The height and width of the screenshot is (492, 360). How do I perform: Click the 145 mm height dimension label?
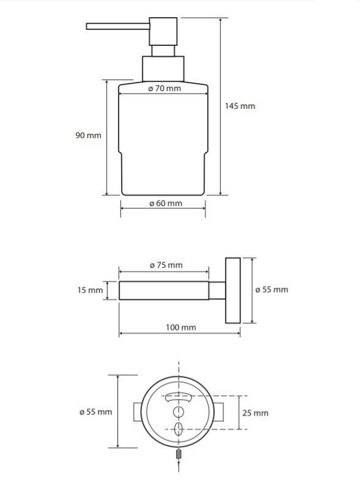click(240, 106)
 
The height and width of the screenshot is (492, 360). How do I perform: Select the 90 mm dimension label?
click(88, 136)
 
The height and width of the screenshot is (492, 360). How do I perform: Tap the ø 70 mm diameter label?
click(164, 89)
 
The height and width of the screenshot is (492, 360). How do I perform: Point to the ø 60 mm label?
click(166, 204)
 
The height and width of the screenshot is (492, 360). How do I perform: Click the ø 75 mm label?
click(166, 265)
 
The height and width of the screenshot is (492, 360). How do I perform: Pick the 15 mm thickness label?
click(90, 290)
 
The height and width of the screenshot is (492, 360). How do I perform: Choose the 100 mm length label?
click(181, 328)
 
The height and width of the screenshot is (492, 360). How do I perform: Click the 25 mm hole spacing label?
click(255, 413)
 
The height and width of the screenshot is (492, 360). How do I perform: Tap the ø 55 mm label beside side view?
click(271, 290)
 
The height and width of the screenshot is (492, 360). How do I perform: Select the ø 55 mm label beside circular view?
click(96, 412)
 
